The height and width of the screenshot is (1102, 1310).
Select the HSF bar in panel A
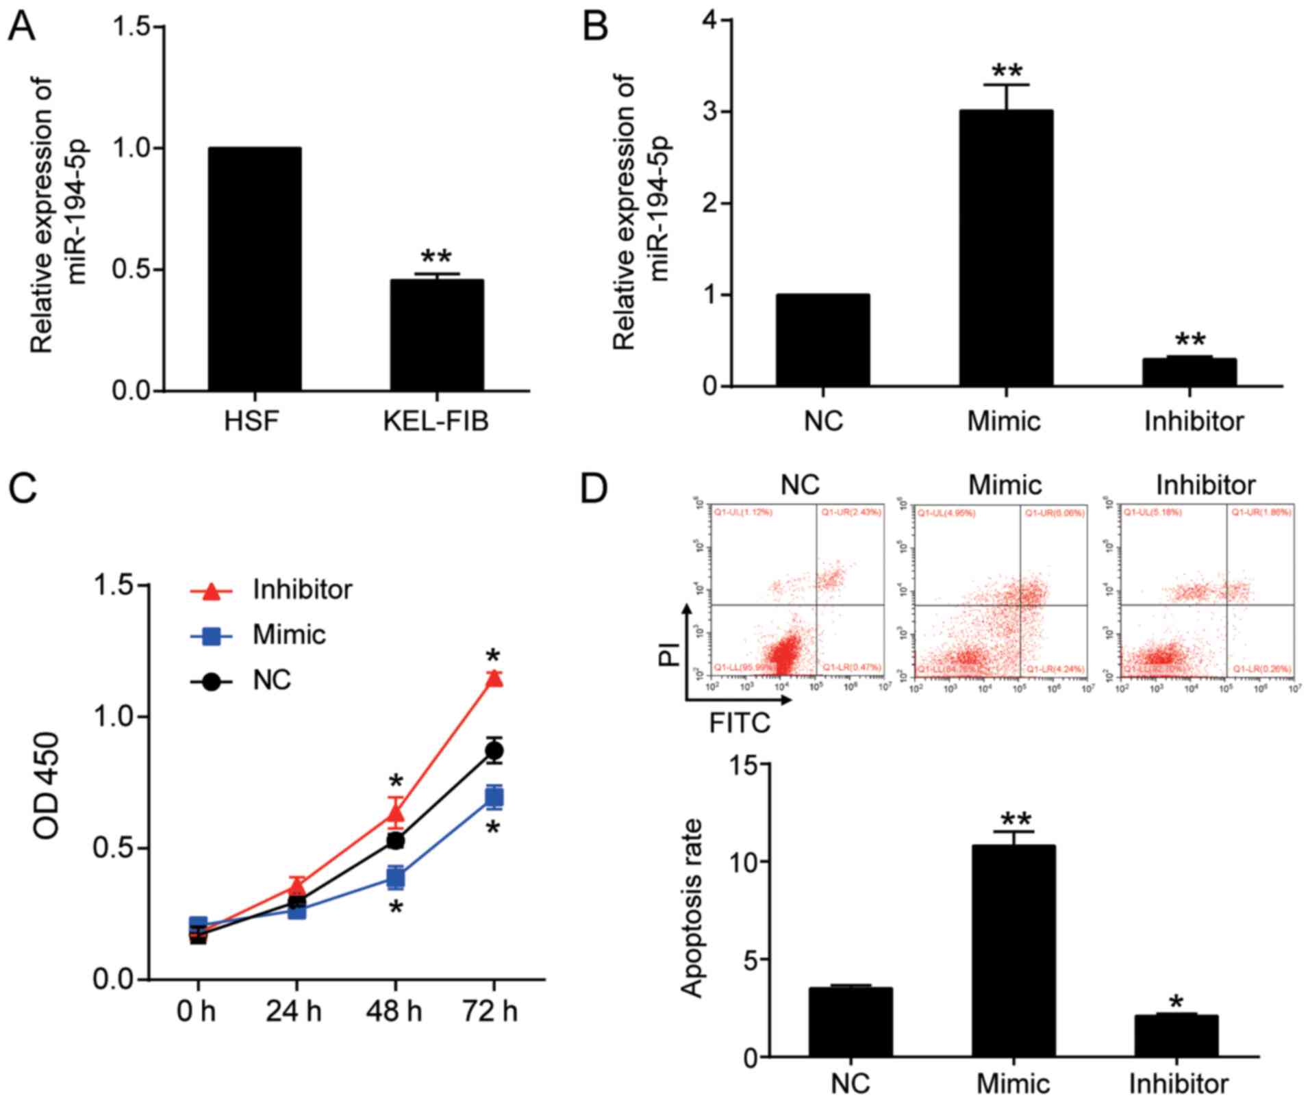(x=254, y=269)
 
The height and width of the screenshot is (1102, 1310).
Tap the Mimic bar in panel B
(x=1005, y=248)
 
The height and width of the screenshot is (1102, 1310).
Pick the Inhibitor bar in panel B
(x=1189, y=372)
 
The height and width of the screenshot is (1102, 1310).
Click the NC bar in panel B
(x=822, y=340)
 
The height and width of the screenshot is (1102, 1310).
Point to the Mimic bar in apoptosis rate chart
(x=1013, y=951)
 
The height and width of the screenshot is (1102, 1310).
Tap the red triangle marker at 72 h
(x=494, y=678)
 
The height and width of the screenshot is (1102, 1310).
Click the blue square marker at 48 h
(x=396, y=877)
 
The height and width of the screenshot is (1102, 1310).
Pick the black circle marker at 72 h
(x=494, y=751)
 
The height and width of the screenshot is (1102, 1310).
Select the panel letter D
(x=593, y=487)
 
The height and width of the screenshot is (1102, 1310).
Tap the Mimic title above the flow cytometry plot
(x=1005, y=485)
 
